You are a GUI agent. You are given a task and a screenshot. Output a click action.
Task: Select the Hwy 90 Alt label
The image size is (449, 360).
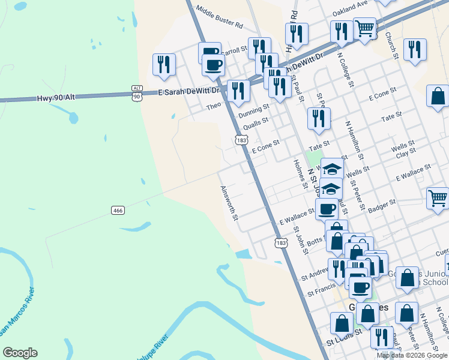point(55,97)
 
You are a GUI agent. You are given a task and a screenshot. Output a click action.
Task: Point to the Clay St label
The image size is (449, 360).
point(406,154)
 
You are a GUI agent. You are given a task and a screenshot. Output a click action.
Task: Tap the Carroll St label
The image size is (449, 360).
point(235,51)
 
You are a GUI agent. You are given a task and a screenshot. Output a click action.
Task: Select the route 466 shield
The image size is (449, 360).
point(118,209)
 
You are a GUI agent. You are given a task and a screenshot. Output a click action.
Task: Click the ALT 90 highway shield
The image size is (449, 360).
point(137,93)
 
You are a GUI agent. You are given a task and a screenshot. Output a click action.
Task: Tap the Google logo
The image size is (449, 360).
point(20,353)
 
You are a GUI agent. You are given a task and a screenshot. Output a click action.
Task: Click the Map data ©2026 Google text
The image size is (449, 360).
point(412,355)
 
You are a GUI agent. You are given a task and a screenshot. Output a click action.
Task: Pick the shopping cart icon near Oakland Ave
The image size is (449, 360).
point(365,28)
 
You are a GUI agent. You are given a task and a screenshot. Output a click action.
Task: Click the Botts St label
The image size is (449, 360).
point(315,242)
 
